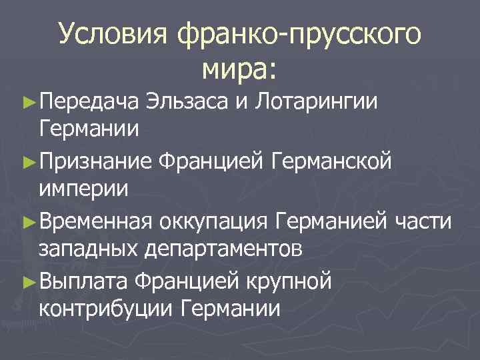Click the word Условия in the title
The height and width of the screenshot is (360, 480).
click(x=115, y=34)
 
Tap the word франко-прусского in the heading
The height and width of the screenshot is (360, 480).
click(x=300, y=35)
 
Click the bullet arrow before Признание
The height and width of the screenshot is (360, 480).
click(x=27, y=160)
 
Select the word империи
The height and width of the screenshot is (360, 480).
click(x=85, y=189)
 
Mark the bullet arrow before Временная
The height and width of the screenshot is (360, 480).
click(x=27, y=220)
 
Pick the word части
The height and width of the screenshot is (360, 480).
click(x=426, y=221)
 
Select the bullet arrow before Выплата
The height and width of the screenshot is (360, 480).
click(x=27, y=281)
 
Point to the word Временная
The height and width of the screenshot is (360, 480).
click(x=97, y=221)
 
